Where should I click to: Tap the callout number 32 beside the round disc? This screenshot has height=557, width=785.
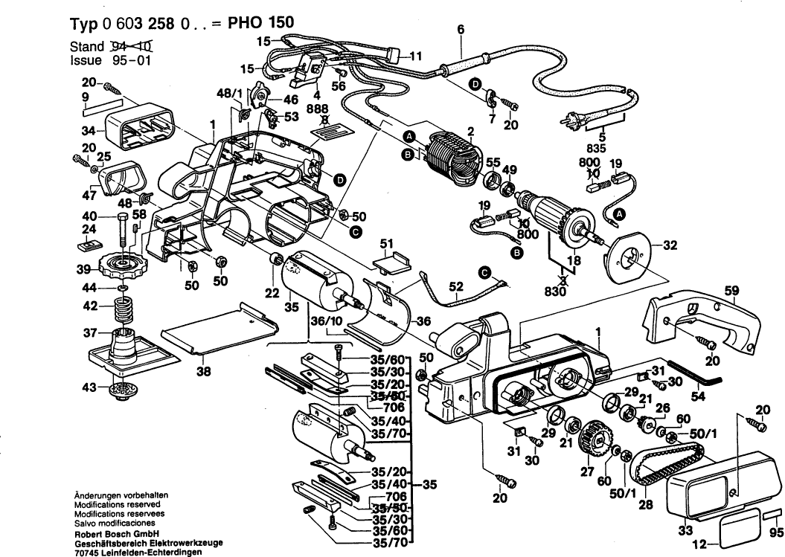(x=670, y=244)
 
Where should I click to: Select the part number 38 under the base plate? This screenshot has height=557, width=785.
(x=204, y=373)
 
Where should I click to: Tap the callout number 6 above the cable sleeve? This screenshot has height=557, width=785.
(x=461, y=30)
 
